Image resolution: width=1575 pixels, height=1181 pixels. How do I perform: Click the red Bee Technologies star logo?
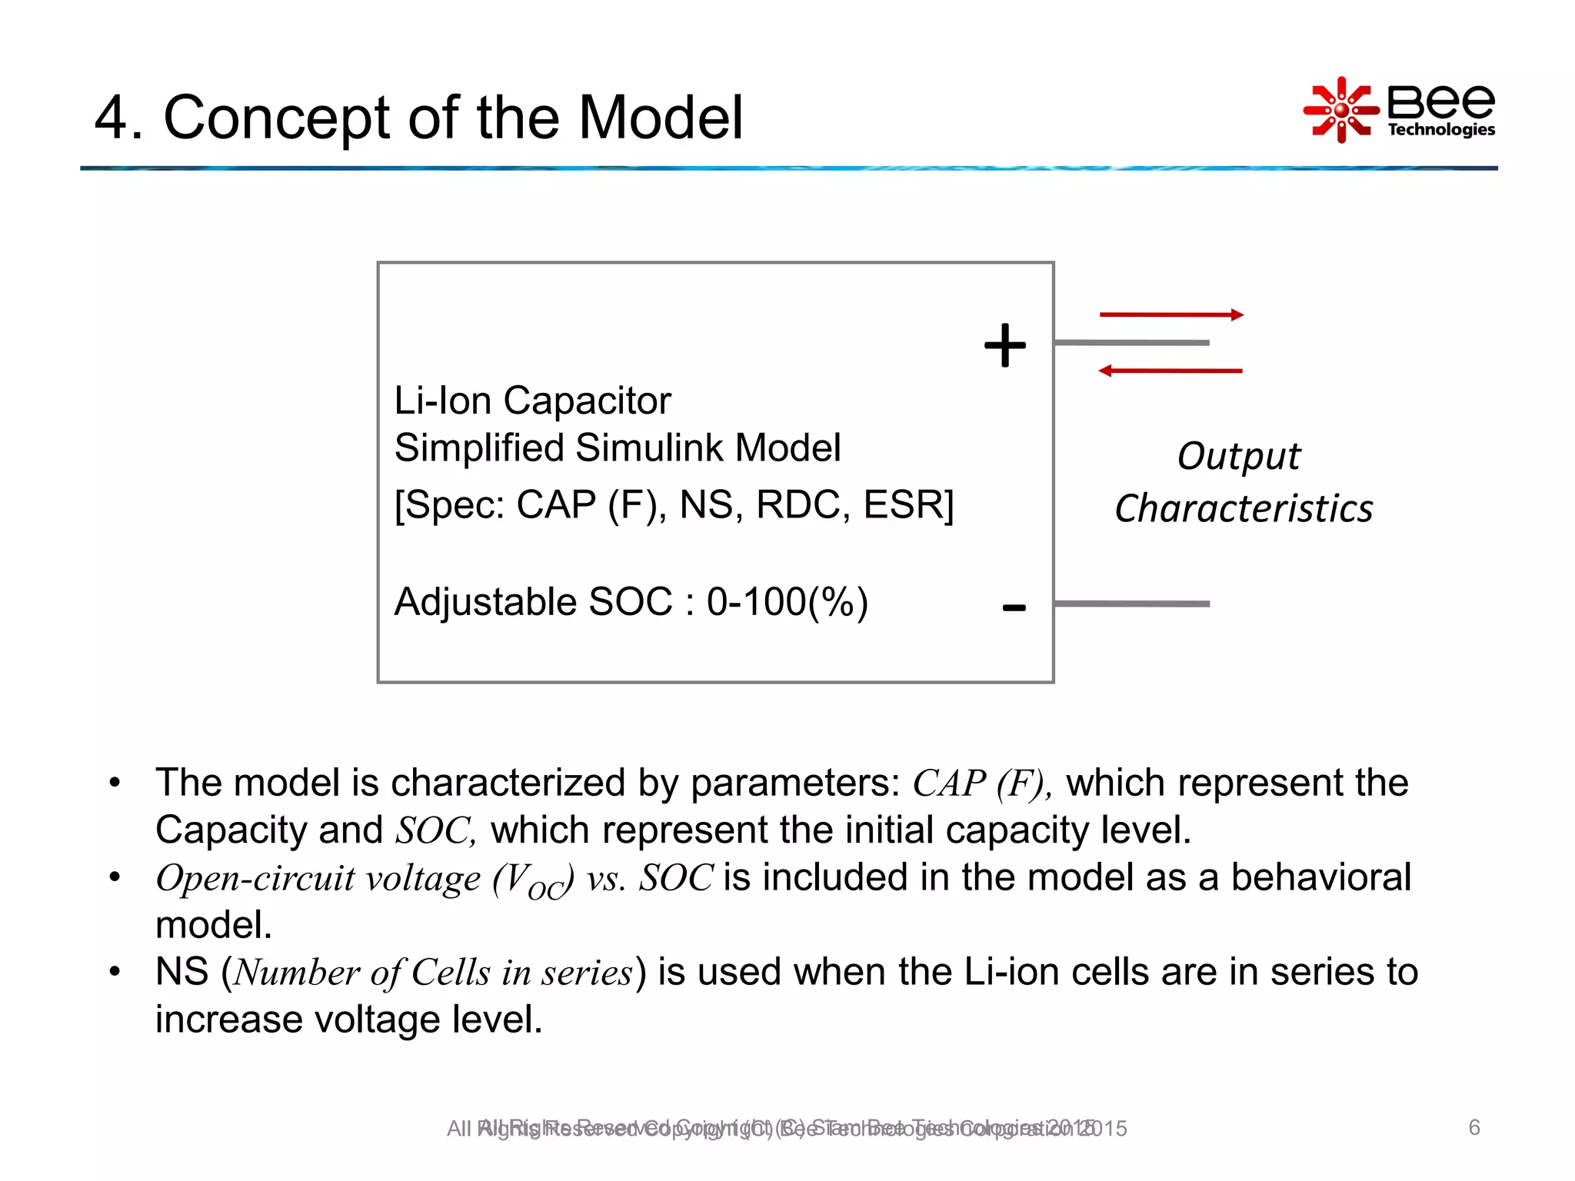pos(1341,110)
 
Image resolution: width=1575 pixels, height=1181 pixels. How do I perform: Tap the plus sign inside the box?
pos(1004,345)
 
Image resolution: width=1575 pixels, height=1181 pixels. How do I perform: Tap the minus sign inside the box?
pos(1014,608)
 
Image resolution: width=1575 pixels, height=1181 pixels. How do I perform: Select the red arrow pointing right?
pos(1170,314)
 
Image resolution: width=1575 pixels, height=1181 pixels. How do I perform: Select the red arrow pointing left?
pos(1170,371)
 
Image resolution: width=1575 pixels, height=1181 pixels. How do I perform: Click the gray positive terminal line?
pos(1131,342)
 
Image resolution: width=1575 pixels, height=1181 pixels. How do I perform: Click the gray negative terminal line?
pos(1131,604)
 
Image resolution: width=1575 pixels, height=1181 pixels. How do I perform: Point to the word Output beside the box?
pos(1238,457)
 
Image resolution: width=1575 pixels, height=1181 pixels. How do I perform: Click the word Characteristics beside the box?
pos(1244,509)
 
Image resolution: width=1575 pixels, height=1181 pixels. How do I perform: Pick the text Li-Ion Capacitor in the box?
pos(532,401)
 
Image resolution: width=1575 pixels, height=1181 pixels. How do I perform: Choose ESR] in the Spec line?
pos(907,505)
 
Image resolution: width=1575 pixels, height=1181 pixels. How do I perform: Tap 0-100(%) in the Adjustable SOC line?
pos(787,602)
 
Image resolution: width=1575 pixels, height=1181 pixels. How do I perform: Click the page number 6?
pos(1473,1127)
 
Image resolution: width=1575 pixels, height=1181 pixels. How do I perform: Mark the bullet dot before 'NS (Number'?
pos(115,972)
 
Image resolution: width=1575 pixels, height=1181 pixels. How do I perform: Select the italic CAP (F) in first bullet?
pos(981,783)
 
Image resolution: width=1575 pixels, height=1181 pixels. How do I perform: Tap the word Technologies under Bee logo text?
pos(1440,129)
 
